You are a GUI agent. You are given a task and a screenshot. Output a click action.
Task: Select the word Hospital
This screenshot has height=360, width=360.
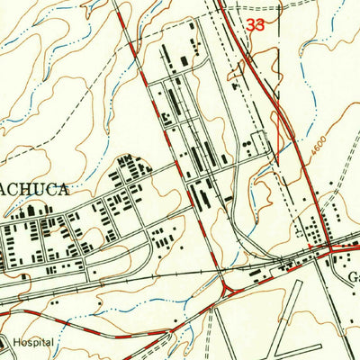[34, 343]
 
